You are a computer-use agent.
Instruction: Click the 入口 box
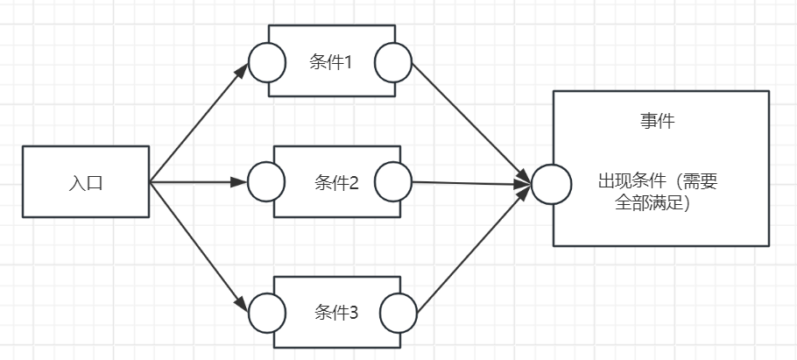53,182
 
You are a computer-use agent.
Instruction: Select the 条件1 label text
331,61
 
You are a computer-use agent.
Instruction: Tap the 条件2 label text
336,183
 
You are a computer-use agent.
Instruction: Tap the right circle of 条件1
393,61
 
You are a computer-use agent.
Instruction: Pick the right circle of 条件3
398,312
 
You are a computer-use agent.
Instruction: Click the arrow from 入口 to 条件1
200,122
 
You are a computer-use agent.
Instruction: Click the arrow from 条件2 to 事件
469,183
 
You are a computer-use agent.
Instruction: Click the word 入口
86,184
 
